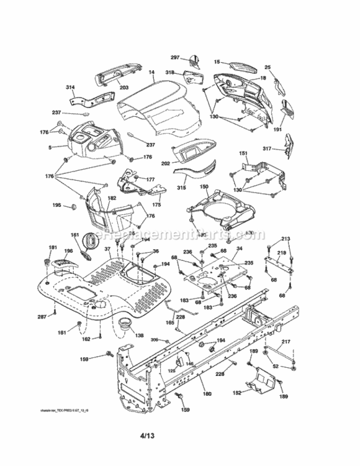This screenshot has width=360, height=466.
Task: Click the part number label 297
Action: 175,57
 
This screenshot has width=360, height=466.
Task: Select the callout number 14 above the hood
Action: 151,73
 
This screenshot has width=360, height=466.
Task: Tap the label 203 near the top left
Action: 124,89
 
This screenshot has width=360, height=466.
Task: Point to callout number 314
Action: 70,88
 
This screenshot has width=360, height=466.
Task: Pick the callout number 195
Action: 56,205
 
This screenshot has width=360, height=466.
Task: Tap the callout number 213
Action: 286,239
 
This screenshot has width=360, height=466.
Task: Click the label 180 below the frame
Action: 206,394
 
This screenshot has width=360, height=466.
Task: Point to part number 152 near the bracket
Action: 236,393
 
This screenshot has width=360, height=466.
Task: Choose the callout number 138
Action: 139,336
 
